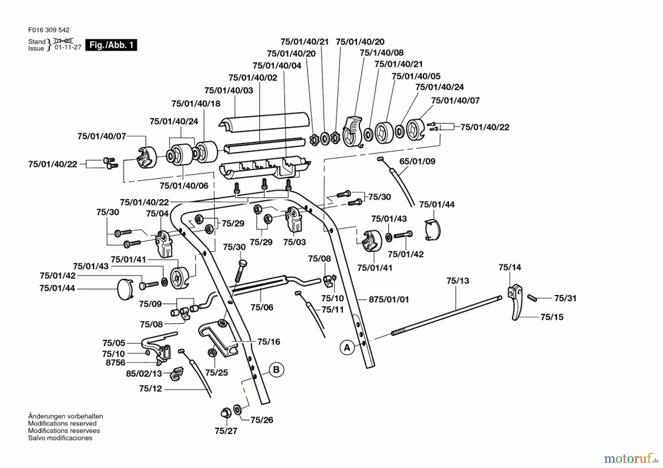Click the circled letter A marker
click(x=347, y=348)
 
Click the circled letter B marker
click(x=277, y=370)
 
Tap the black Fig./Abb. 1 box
click(x=111, y=45)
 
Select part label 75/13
click(x=457, y=281)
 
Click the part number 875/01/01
click(x=389, y=299)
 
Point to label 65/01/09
click(x=417, y=161)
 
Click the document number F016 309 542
click(x=49, y=30)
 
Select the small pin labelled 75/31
click(x=532, y=298)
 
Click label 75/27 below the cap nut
click(x=226, y=431)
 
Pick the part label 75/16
click(x=269, y=342)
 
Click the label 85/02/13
click(x=144, y=373)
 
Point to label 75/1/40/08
click(x=382, y=53)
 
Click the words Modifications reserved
click(x=62, y=423)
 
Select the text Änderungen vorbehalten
click(x=66, y=416)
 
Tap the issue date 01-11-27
click(x=68, y=47)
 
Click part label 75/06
click(x=262, y=307)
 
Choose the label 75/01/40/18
click(x=196, y=103)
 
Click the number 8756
click(x=115, y=363)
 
